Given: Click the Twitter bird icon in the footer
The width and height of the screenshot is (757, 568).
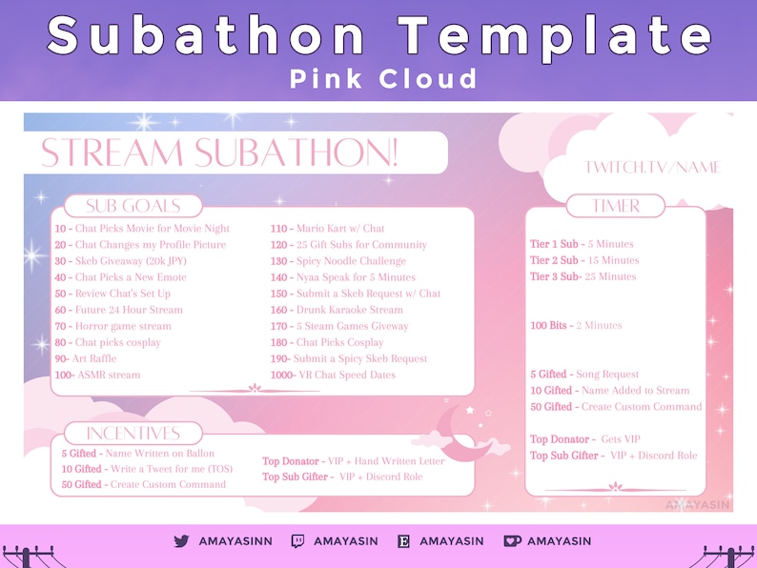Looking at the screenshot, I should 181,541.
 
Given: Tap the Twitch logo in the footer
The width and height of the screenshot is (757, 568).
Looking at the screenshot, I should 297,541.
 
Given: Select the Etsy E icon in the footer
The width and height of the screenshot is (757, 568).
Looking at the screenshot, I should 403,541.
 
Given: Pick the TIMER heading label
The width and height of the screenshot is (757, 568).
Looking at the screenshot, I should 616,206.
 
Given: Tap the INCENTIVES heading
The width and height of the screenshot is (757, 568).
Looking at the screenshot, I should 133,434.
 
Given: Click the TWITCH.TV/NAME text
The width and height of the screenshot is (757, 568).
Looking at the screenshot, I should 652,168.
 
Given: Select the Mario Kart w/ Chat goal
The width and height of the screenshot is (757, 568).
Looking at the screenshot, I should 327,229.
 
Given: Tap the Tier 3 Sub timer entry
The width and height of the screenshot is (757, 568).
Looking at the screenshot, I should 583,276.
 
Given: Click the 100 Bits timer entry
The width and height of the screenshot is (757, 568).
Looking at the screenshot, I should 576,326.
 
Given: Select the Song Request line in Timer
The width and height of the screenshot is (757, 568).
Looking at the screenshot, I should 584,375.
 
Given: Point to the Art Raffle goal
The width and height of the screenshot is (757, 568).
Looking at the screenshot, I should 86,359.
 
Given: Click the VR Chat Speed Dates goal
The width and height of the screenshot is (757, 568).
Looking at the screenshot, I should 333,375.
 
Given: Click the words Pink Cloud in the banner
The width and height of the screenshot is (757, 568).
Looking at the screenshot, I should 383,78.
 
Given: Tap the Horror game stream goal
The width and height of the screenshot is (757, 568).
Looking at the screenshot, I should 113,326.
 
